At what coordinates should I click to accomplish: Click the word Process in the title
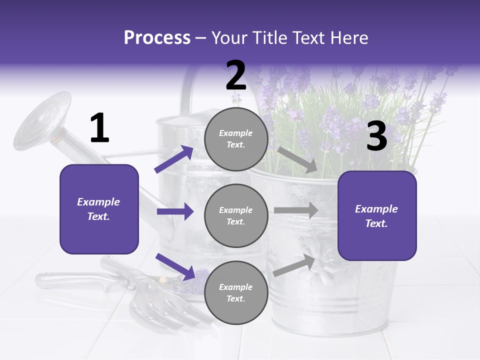pos(157,37)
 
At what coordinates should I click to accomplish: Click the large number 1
pos(99,128)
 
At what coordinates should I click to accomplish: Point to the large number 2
pos(236,75)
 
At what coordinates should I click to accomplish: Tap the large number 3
pos(376,136)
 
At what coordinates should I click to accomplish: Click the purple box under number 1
pos(99,209)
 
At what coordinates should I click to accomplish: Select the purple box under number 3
pos(377,216)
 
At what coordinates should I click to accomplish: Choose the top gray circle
pos(236,139)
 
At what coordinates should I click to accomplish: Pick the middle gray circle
pos(236,216)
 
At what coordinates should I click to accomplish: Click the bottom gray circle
pos(236,293)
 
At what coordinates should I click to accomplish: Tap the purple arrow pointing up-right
pos(174,159)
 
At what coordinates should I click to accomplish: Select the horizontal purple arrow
pos(175,211)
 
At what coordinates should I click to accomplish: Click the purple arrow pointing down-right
pos(175,266)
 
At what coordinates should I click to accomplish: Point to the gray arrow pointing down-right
pos(297,159)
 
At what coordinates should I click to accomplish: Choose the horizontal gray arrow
pos(296,210)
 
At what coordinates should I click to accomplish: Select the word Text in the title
pos(311,37)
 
